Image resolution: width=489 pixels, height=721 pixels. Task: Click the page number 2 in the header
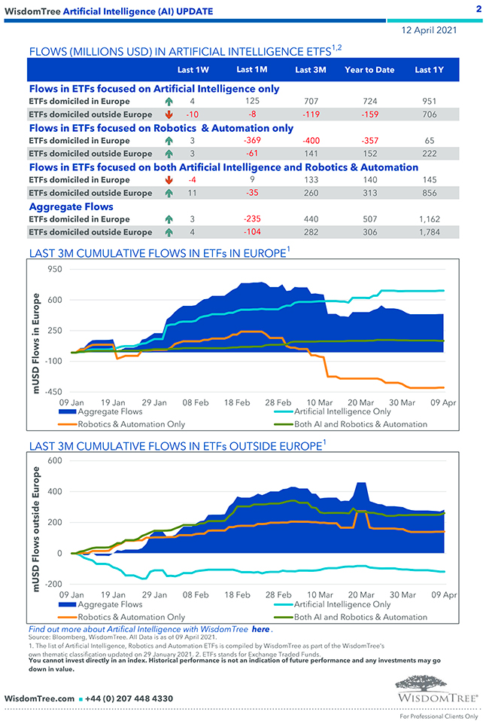(x=478, y=9)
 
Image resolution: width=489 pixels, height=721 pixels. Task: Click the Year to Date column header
(x=369, y=70)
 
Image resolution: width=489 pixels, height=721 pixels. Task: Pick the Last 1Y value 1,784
(x=429, y=233)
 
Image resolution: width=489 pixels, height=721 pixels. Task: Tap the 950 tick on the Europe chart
(x=53, y=269)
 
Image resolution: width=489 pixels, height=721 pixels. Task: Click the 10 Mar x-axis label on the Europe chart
(x=320, y=403)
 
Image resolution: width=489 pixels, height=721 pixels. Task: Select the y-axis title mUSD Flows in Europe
(x=36, y=343)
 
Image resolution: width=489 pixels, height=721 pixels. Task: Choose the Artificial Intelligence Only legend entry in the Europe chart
(x=342, y=412)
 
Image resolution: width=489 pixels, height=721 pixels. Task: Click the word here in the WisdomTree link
(x=260, y=628)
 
